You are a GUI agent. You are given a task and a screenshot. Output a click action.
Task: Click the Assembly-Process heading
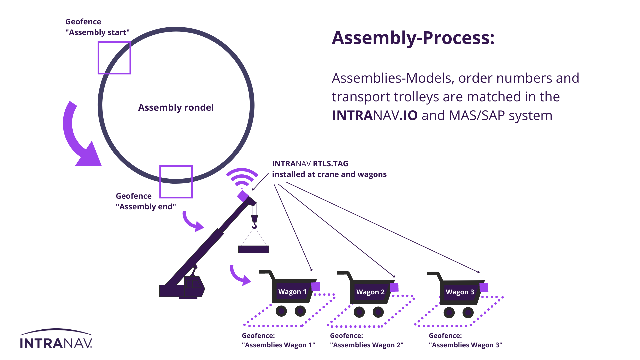click(413, 38)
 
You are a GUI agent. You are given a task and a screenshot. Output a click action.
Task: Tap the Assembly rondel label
click(176, 107)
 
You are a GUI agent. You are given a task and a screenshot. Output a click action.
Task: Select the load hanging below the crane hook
click(253, 249)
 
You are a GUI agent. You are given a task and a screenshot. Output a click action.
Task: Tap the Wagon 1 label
click(292, 292)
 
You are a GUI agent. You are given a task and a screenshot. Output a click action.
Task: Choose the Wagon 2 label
click(370, 292)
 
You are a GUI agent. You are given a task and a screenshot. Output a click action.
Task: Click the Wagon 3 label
click(460, 292)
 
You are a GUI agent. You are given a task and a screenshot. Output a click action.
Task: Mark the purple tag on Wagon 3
click(484, 287)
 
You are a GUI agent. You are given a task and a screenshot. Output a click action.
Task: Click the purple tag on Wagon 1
click(316, 287)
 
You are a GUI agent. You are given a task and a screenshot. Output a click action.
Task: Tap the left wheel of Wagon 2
click(359, 312)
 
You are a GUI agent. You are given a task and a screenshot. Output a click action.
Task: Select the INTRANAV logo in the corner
click(56, 339)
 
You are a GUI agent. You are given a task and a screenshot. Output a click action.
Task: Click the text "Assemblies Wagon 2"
click(367, 345)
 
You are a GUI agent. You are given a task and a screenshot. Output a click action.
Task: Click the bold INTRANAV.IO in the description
click(375, 115)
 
